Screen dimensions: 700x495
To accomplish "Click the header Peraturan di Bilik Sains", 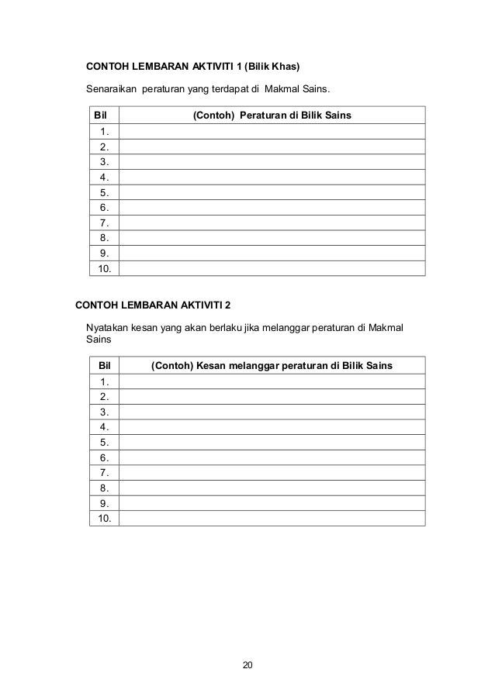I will click(295, 116).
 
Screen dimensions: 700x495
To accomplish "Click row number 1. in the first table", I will click(104, 132).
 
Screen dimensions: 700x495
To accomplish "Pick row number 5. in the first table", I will click(104, 192).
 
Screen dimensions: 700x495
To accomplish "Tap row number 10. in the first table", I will click(104, 268).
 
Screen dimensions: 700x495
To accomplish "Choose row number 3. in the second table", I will click(104, 412).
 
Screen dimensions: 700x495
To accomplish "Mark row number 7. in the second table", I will click(104, 472).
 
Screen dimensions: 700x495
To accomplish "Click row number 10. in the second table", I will click(104, 518).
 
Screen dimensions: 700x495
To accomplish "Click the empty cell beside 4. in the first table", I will click(272, 178).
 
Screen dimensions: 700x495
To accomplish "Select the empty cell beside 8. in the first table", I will click(272, 238).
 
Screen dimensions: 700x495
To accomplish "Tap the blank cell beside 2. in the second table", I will click(272, 397).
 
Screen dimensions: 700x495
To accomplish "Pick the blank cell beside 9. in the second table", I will click(272, 503).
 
